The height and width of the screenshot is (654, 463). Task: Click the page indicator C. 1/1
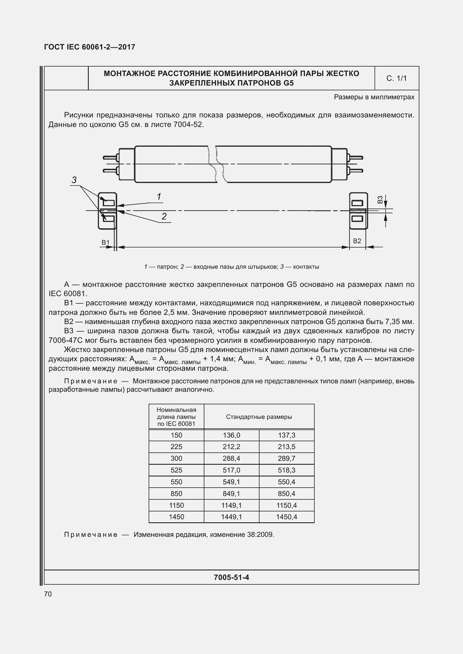pos(396,78)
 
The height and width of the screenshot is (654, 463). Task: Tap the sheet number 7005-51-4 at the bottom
pos(231,577)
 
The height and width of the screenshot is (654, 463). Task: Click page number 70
pos(48,594)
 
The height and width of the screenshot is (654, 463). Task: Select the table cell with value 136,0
pos(231,435)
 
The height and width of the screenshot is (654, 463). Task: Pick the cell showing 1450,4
pos(287,517)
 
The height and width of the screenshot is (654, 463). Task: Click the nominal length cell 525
pos(176,470)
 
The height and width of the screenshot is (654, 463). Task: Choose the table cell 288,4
pos(231,458)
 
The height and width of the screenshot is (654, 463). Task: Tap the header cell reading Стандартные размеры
pos(259,417)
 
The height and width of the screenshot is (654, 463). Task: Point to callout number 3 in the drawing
pos(74,180)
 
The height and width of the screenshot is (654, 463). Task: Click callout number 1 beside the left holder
pos(159,197)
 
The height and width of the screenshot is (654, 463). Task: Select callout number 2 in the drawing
pos(164,216)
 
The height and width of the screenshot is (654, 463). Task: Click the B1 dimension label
pos(106,242)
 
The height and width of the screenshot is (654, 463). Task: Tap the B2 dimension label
pos(357,241)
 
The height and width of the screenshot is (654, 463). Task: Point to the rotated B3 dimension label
pos(380,199)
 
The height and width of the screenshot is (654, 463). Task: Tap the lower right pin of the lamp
pos(356,171)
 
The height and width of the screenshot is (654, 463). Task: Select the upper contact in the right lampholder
pos(357,203)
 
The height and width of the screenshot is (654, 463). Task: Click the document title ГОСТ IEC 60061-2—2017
pos(90,47)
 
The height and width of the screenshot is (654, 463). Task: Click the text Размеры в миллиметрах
pos(374,97)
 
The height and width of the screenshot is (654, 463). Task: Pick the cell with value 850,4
pos(287,493)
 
